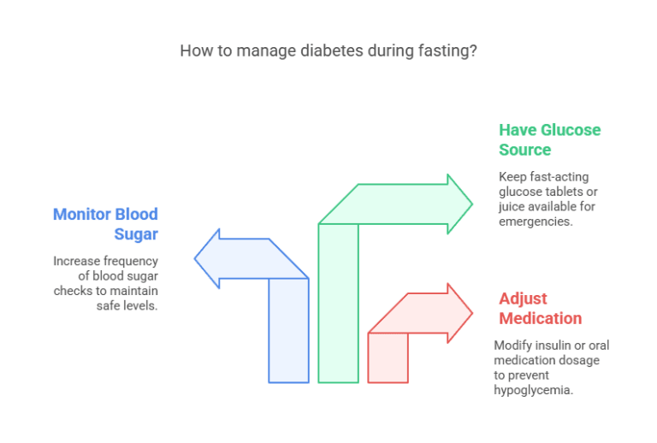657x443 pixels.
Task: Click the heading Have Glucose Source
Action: click(x=549, y=140)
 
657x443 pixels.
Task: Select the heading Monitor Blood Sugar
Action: click(x=106, y=224)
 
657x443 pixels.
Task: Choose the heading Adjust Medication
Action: click(x=540, y=309)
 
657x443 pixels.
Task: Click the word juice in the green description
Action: click(x=516, y=207)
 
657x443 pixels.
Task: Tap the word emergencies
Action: click(x=535, y=221)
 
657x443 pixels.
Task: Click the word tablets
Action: click(x=560, y=192)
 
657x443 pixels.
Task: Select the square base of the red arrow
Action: click(x=388, y=357)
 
